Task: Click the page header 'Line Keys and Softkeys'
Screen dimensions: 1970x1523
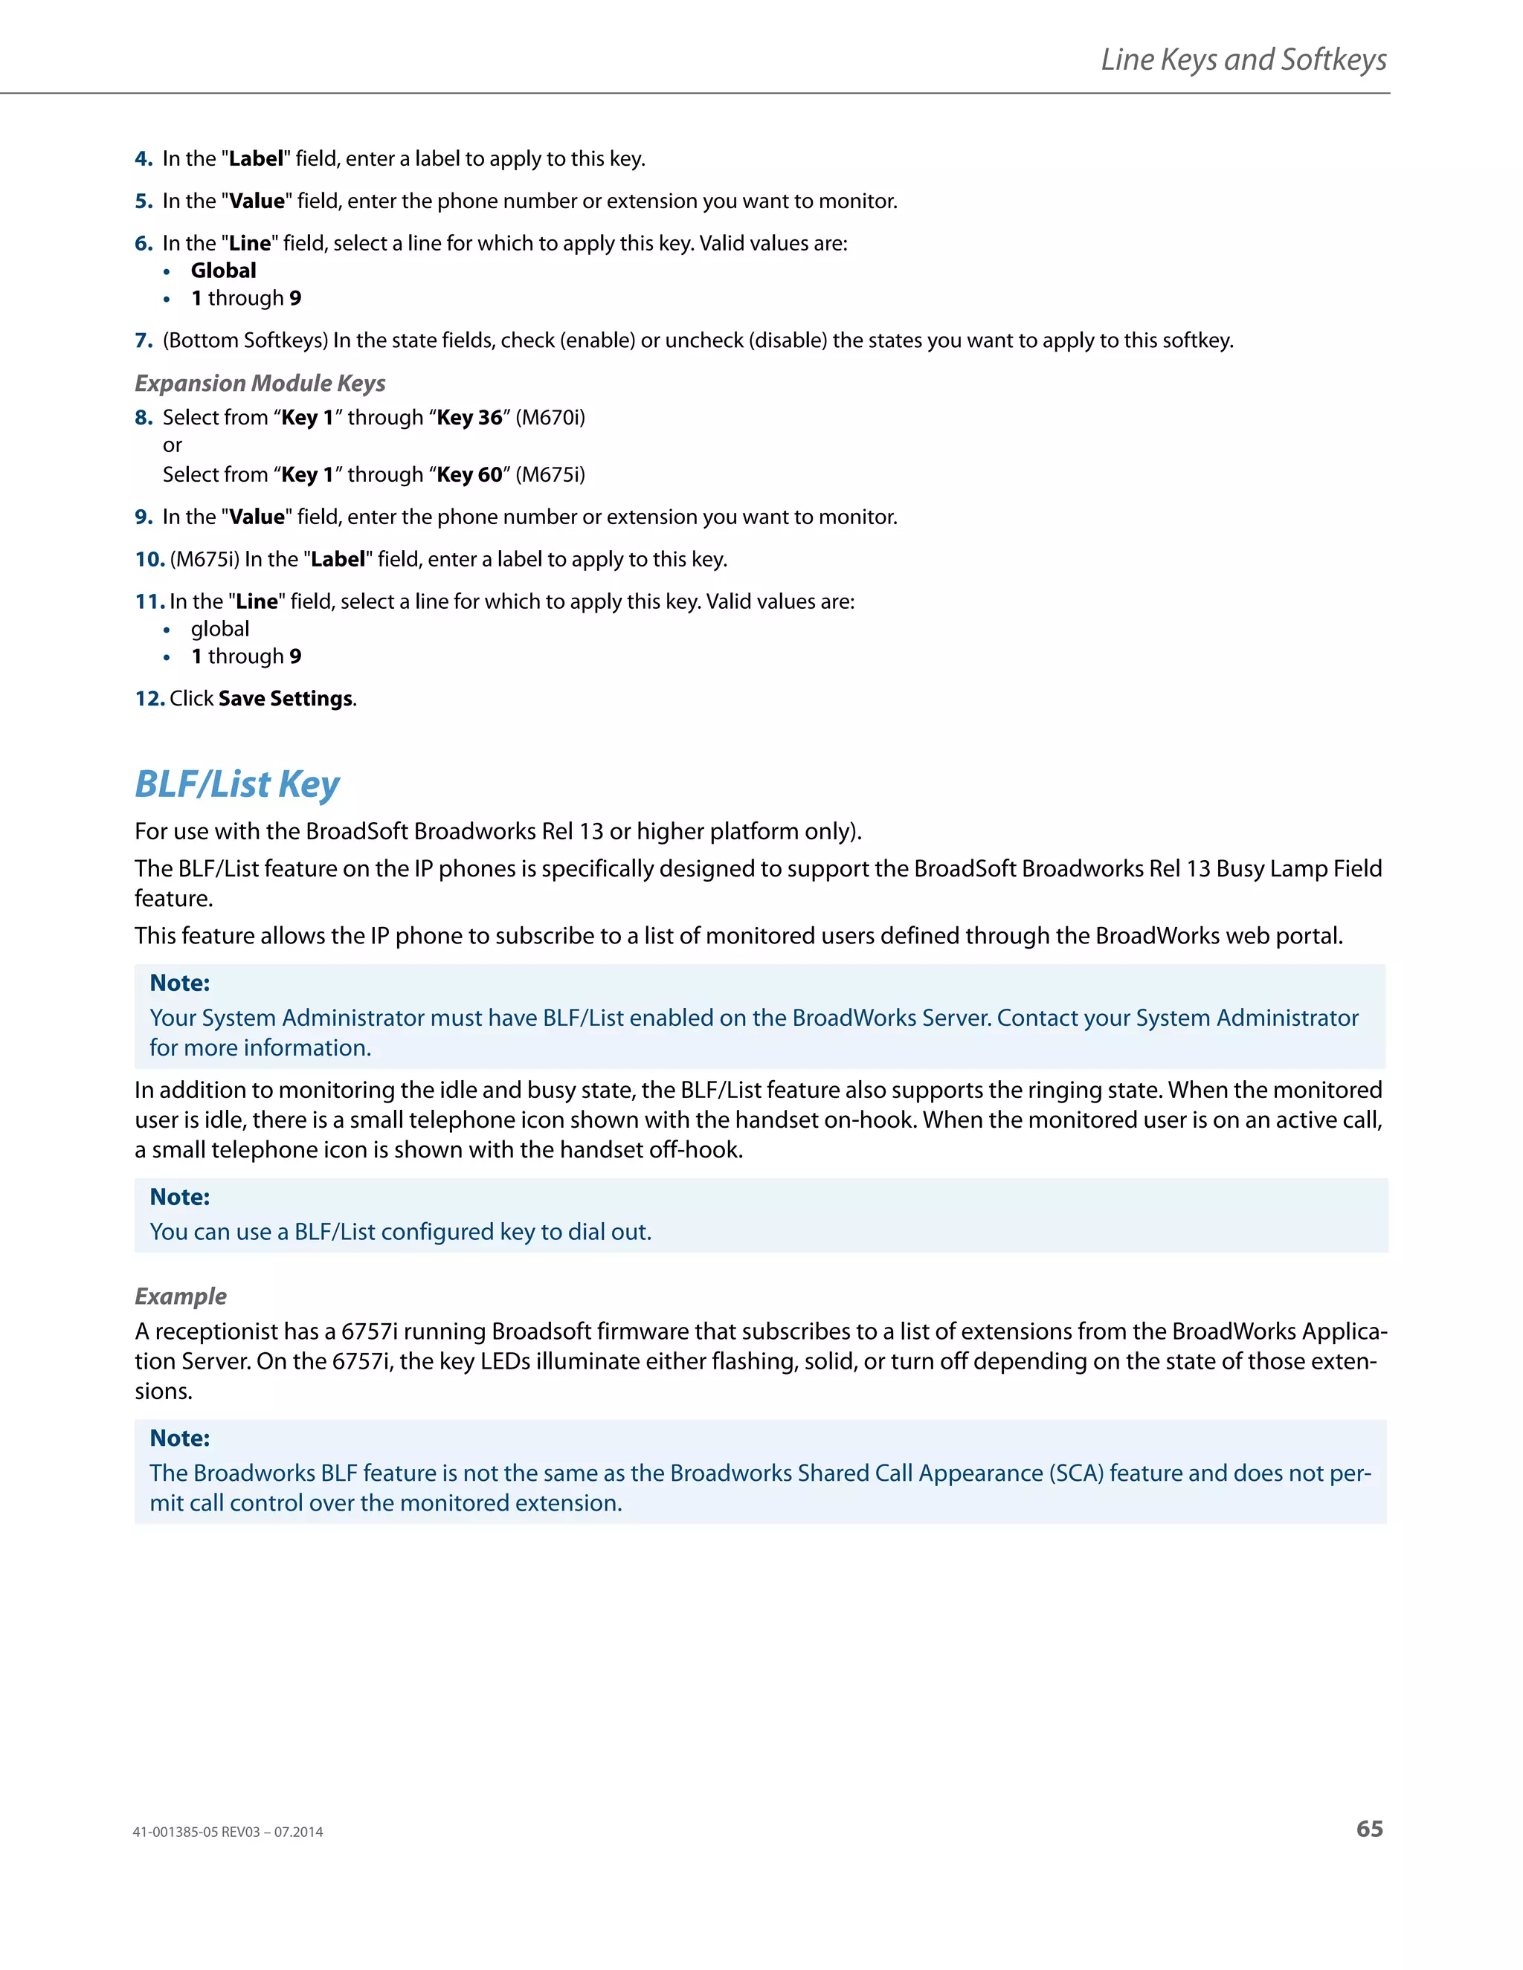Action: (1243, 59)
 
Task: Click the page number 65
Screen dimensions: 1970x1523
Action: (1369, 1829)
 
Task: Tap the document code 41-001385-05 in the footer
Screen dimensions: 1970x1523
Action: (176, 1832)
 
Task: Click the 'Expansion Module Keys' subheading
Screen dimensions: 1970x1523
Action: (260, 384)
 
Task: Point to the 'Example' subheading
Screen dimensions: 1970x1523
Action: (181, 1296)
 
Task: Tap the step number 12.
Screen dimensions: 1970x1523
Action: (149, 699)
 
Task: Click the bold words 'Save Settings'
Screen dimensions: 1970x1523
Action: (285, 699)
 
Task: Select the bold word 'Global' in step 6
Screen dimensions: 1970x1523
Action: (223, 271)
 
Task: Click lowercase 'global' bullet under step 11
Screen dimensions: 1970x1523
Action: (219, 629)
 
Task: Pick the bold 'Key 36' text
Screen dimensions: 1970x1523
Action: (469, 418)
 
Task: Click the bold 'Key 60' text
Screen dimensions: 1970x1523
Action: (469, 474)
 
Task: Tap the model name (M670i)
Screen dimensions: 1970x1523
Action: (550, 418)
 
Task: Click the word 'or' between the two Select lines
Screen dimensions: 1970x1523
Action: (173, 445)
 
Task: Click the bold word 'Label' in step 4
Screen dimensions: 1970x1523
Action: (257, 159)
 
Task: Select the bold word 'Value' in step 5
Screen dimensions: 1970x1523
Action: (257, 201)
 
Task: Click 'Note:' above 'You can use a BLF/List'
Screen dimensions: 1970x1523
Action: (179, 1197)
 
